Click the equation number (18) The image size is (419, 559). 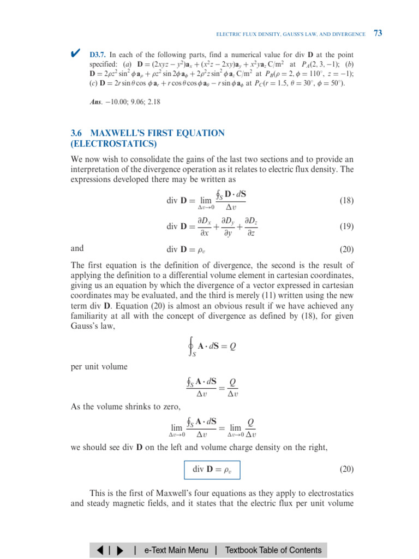point(346,200)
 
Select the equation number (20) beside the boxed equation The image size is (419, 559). point(346,469)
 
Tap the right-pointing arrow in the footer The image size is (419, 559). point(119,550)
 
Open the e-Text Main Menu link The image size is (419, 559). point(176,550)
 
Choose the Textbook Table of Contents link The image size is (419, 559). point(273,550)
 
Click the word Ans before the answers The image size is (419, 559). point(95,102)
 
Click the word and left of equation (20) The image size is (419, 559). point(77,248)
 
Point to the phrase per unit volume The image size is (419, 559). point(99,366)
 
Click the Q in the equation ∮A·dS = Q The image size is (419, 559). point(233,346)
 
